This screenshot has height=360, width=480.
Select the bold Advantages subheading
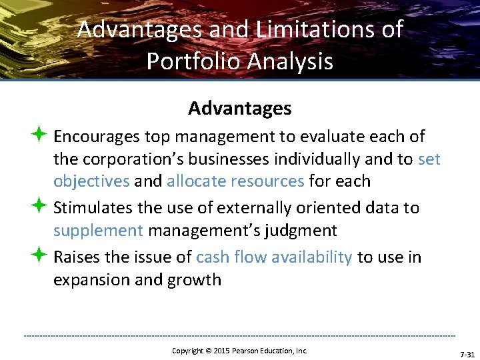(240, 108)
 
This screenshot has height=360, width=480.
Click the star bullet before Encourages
(37, 136)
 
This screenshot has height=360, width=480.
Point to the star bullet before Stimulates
(37, 207)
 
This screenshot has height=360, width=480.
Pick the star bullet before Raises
(37, 257)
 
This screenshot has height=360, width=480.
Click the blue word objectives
(91, 181)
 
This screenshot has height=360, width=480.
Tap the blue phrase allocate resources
(235, 181)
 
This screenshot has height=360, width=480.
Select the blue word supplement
(98, 231)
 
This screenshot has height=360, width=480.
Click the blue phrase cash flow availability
(274, 257)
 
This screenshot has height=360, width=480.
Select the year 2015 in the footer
(220, 351)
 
